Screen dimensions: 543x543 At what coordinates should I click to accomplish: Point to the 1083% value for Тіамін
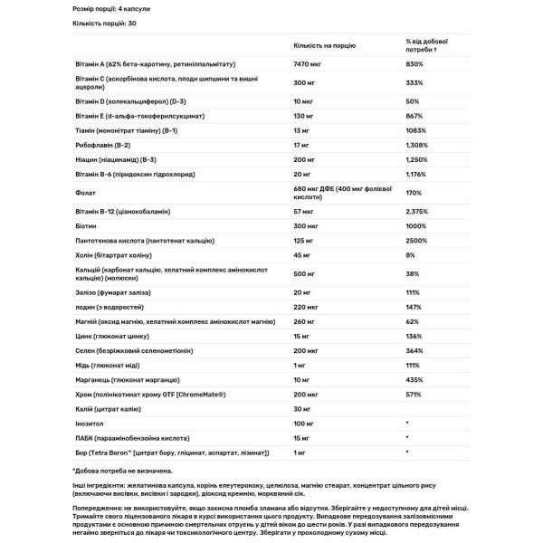pos(418,129)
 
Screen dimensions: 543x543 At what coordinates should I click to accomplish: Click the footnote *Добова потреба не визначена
pos(122,471)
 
